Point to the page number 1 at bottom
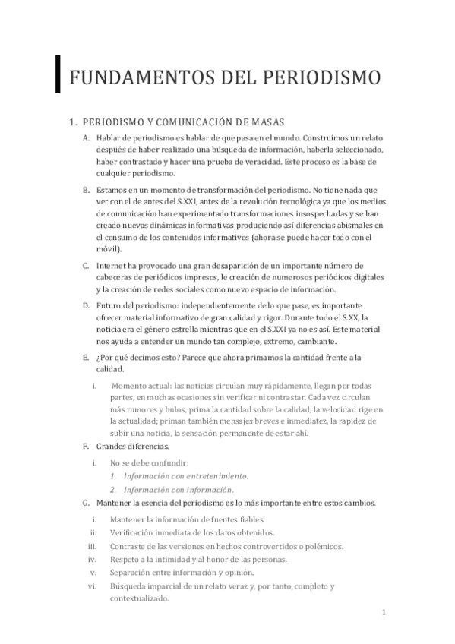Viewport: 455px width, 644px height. pos(384,612)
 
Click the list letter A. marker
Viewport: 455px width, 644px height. pos(86,137)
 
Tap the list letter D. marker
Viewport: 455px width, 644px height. pos(86,305)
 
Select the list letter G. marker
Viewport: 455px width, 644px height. pos(86,504)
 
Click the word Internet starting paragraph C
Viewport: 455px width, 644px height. pos(112,265)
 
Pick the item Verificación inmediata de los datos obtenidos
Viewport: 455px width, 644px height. pos(192,532)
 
